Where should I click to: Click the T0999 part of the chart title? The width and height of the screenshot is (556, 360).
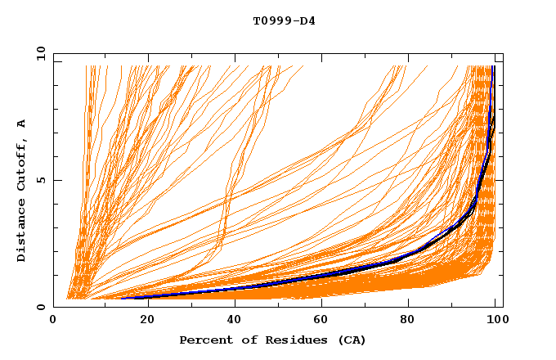coord(271,20)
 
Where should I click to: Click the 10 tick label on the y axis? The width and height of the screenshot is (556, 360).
coord(40,53)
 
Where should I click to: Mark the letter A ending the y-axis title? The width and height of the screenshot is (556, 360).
coord(21,124)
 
